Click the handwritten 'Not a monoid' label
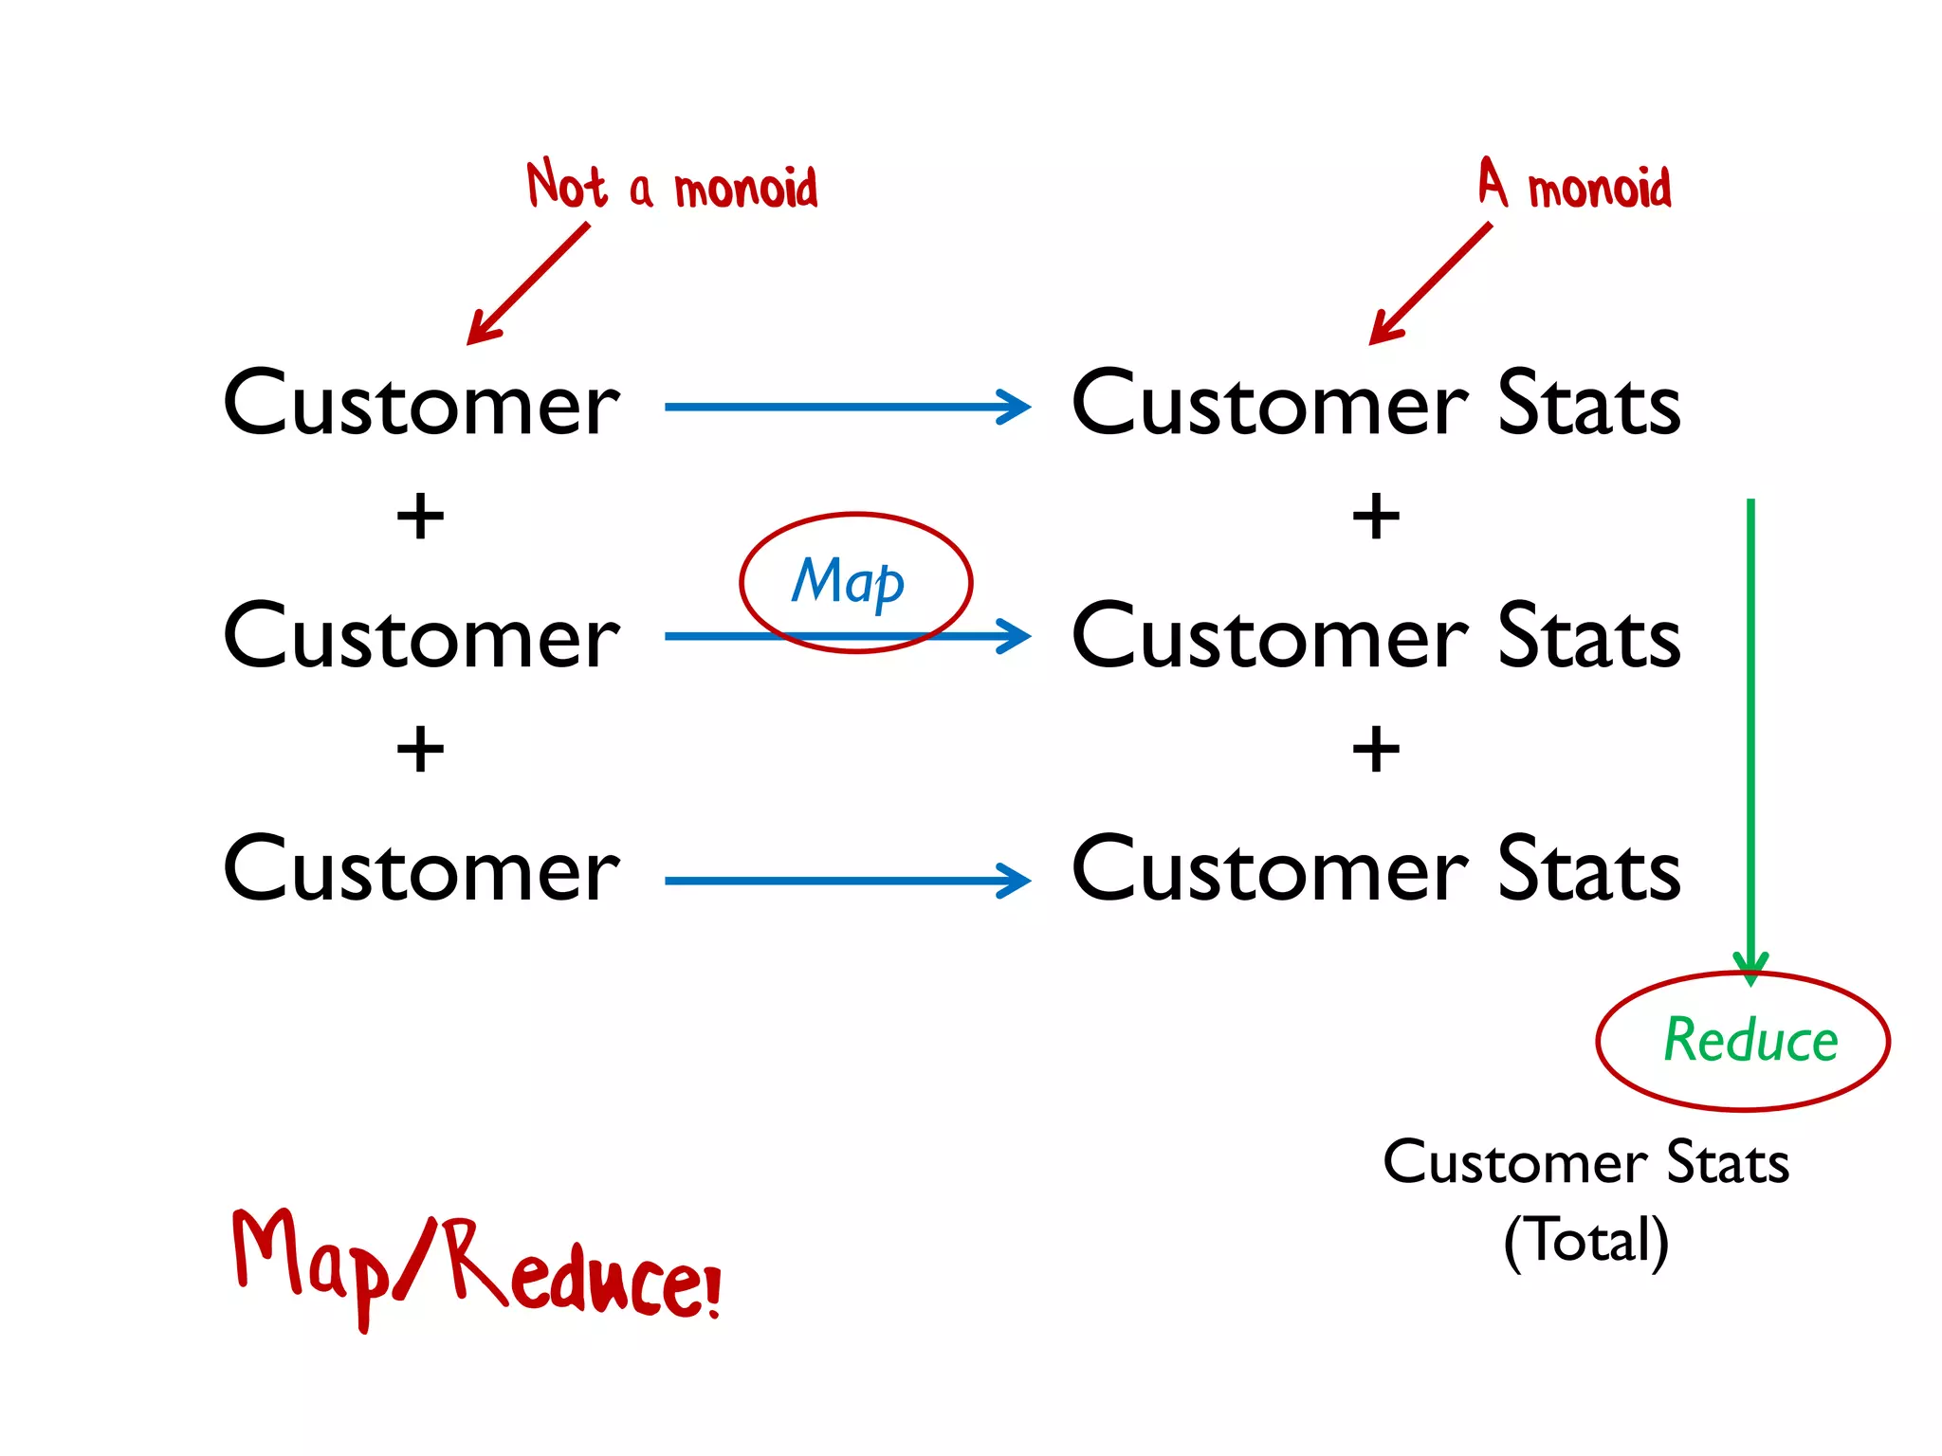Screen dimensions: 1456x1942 pos(671,186)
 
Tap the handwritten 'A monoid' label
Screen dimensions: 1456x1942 pos(1575,185)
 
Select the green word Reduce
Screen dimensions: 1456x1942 pos(1750,1040)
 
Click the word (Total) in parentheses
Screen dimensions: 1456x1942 pos(1585,1240)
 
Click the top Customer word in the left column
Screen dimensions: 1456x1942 pos(421,405)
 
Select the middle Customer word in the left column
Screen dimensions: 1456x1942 pos(421,637)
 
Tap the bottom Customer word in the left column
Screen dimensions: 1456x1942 pos(421,870)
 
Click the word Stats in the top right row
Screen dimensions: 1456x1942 pos(1588,405)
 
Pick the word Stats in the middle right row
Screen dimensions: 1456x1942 pos(1588,637)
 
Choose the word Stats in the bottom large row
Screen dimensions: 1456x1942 pos(1588,870)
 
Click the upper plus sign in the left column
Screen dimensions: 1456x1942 pos(420,518)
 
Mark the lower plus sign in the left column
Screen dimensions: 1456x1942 pos(420,751)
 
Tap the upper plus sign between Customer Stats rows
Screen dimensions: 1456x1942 pos(1376,518)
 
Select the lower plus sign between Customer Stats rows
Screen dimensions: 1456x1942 pos(1376,751)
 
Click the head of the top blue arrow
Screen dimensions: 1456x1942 pos(1017,407)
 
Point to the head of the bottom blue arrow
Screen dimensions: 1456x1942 pos(1017,881)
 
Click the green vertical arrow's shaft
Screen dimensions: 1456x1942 pos(1750,720)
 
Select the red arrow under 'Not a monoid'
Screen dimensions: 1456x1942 pos(529,284)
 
